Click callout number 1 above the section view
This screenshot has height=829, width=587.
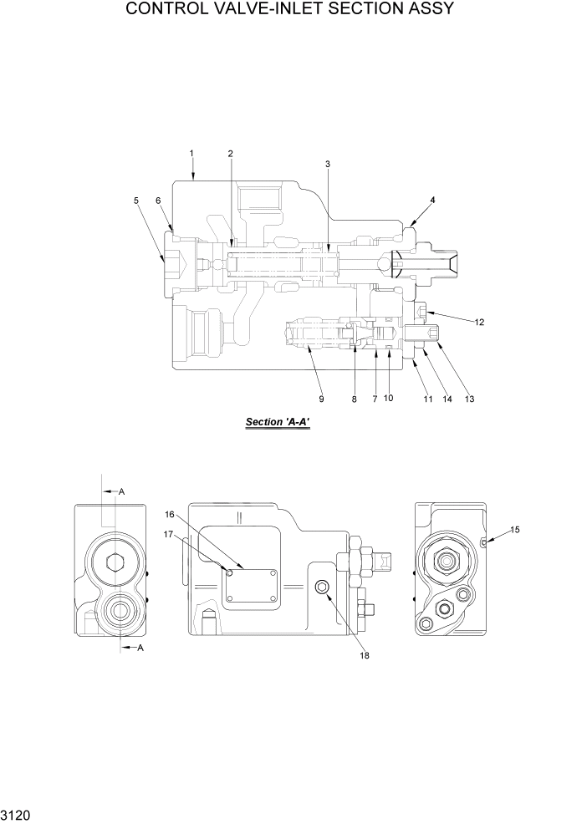191,153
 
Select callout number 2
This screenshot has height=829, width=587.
230,153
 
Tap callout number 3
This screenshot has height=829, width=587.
328,164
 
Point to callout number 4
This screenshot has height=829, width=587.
432,200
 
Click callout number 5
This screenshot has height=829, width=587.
135,200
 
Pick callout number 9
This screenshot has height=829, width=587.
320,399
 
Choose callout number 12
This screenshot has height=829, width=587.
479,322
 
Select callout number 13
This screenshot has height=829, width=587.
469,399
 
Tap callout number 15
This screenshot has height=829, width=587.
514,530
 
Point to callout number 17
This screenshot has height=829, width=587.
168,534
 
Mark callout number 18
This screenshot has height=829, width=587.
364,655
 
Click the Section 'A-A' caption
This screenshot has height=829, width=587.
278,423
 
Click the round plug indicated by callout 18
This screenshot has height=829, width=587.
321,589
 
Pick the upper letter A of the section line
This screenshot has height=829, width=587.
121,492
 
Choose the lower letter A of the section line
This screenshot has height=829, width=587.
140,648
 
